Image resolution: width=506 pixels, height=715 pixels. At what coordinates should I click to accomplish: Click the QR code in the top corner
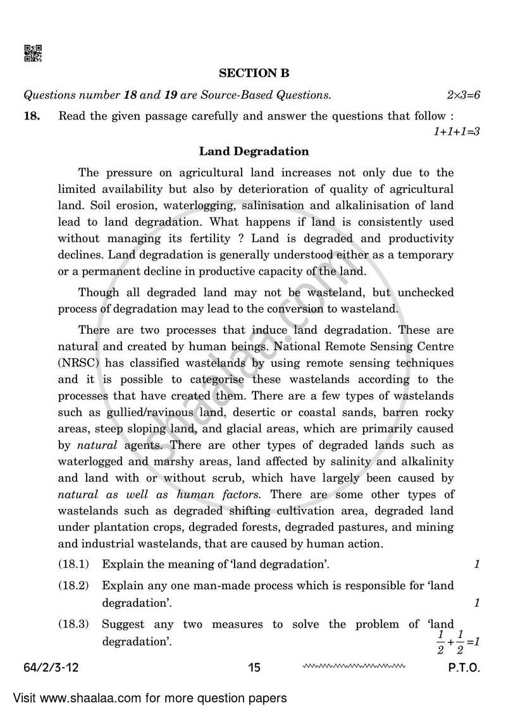point(33,54)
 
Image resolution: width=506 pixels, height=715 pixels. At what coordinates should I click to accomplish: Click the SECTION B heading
point(254,74)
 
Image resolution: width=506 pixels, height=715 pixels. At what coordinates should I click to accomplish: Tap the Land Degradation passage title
point(254,151)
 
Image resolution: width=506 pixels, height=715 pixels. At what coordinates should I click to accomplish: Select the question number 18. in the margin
point(32,116)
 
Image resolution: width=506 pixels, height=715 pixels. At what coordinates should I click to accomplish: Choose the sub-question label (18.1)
point(74,563)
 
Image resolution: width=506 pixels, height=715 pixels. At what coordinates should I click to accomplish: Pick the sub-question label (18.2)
point(74,585)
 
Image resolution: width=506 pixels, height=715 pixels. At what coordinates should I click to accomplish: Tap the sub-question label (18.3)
point(74,624)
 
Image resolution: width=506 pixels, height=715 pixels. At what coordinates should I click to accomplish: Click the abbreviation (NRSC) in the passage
point(78,363)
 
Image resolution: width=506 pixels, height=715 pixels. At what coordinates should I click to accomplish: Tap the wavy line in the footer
point(354,666)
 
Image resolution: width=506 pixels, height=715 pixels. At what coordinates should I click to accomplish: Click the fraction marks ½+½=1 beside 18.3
point(457,640)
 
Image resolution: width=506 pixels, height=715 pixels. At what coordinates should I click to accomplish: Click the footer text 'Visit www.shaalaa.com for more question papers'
point(149,698)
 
